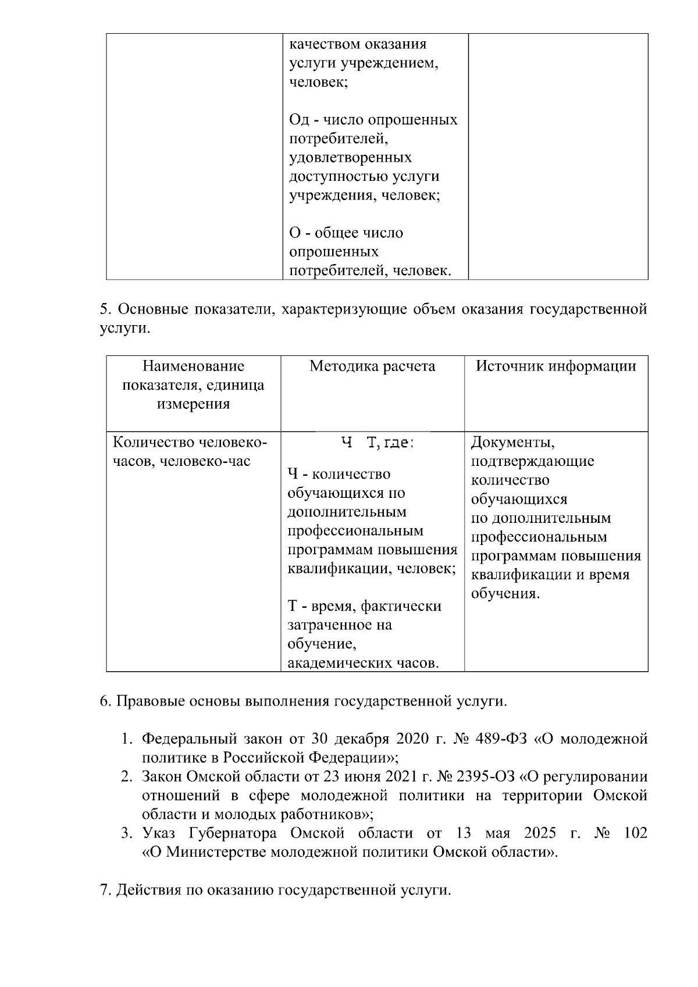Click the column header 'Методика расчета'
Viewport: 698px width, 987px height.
(x=372, y=366)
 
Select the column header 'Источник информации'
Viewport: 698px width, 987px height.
(x=556, y=366)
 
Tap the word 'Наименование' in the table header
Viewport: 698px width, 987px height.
(x=194, y=366)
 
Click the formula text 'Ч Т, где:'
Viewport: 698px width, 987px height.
(x=377, y=443)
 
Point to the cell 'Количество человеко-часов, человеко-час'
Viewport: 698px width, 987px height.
(x=190, y=452)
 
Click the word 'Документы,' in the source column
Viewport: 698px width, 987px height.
(x=513, y=443)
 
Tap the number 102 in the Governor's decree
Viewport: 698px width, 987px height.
(x=635, y=833)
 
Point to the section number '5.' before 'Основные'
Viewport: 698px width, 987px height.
(x=105, y=309)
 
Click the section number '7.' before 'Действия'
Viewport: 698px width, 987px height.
(x=105, y=890)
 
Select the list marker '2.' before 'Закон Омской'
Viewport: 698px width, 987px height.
(x=127, y=776)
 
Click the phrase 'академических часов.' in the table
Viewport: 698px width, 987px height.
(x=364, y=662)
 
